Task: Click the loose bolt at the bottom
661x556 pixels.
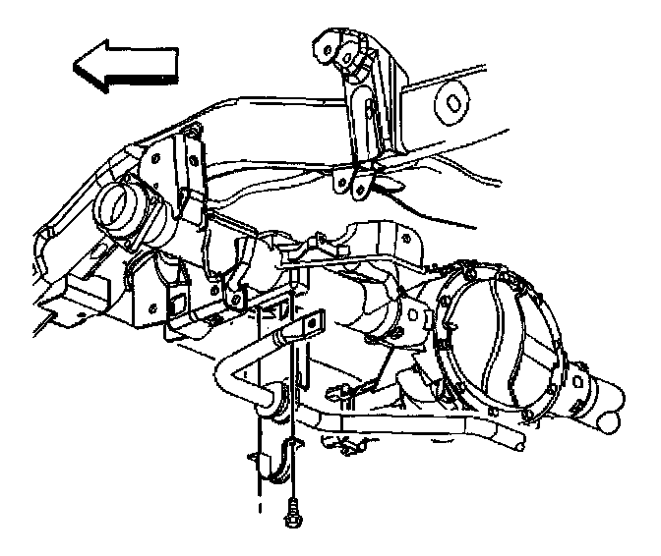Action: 293,511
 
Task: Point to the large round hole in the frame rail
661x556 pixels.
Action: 454,101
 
